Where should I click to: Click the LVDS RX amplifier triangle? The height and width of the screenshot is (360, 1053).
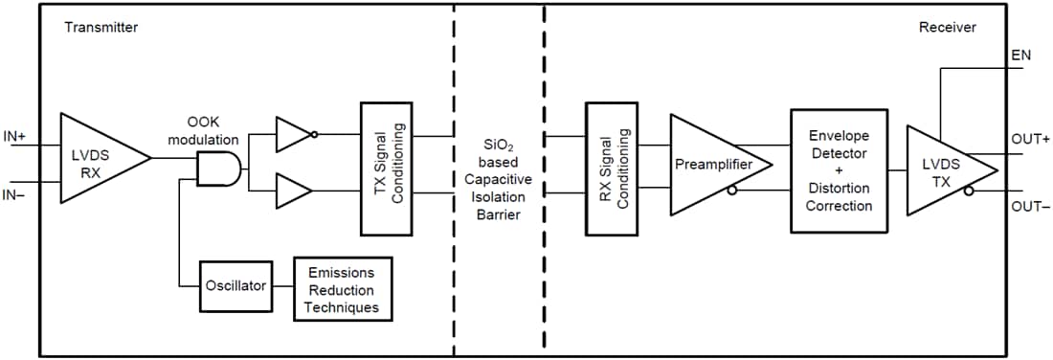coord(96,158)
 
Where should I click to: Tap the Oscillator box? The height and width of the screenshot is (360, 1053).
coord(234,285)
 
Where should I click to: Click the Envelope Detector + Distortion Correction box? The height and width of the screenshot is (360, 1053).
coord(839,170)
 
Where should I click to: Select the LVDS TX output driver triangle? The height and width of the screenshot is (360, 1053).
coord(943,169)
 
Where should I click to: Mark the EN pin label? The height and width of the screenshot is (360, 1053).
coord(1020,56)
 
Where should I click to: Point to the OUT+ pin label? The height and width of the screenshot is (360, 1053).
coord(1030,139)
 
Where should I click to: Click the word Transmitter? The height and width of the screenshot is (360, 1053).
coord(101,28)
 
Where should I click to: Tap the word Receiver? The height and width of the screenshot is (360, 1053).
coord(947,28)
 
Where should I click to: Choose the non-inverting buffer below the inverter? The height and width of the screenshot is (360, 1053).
coord(293,191)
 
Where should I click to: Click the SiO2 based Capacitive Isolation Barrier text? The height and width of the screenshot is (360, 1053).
coord(498,179)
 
